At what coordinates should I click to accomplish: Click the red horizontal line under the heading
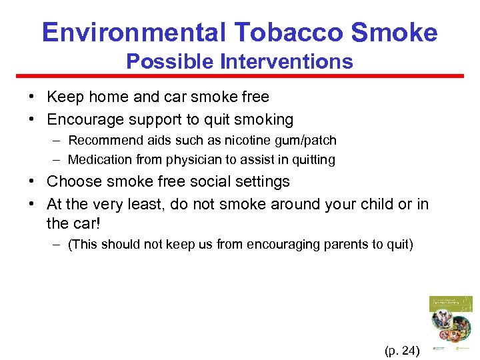(240, 76)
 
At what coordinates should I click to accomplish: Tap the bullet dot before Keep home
(33, 97)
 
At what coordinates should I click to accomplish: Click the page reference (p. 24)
(402, 349)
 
